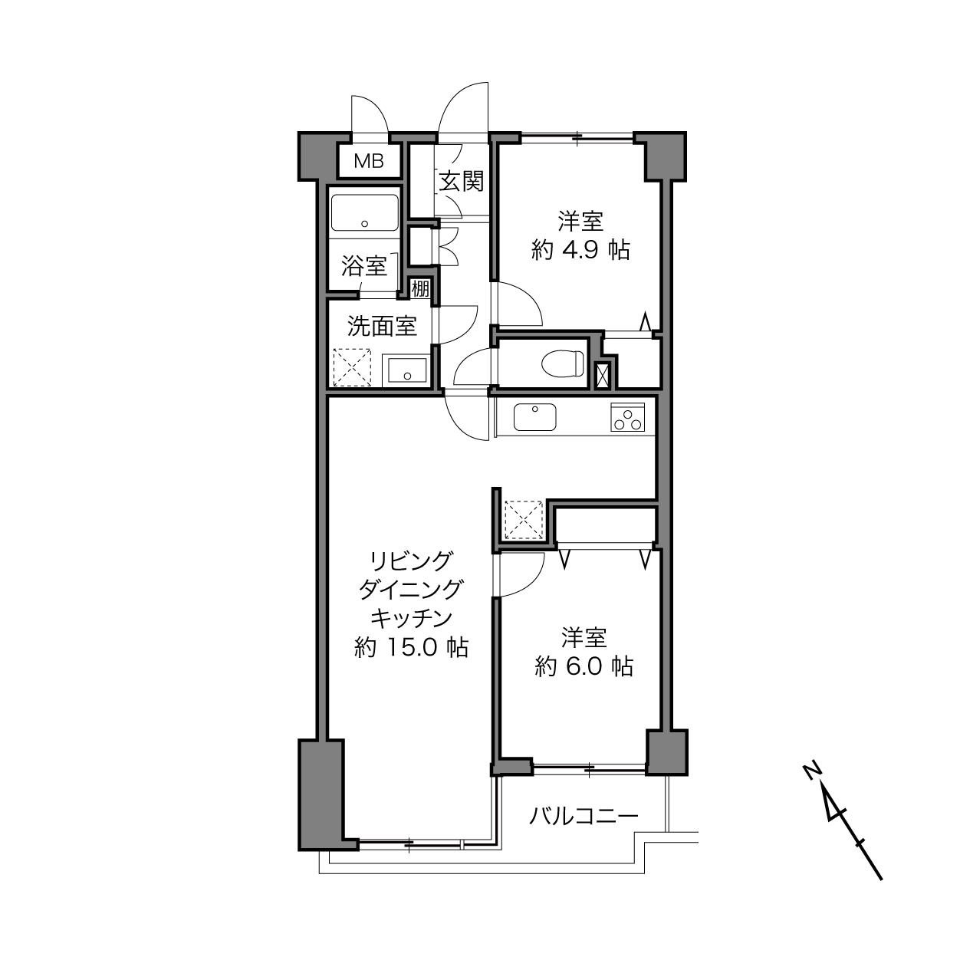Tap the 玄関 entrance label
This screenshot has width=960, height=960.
(x=462, y=181)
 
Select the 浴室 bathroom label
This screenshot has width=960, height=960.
(x=364, y=265)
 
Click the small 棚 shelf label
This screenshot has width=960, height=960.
(x=420, y=289)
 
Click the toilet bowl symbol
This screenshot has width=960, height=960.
(x=563, y=363)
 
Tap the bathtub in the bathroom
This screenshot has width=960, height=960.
(x=365, y=212)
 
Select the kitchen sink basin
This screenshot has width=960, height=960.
(x=535, y=417)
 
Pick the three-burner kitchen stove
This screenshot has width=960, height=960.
(x=627, y=417)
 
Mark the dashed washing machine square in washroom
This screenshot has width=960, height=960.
(x=352, y=367)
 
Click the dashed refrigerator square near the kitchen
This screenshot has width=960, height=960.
(x=523, y=520)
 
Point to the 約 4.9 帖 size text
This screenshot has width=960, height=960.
(x=581, y=250)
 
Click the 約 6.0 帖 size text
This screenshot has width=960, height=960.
(x=584, y=666)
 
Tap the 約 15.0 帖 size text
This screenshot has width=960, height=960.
(x=411, y=647)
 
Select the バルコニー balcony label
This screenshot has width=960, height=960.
(x=584, y=816)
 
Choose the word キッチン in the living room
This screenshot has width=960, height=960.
(x=411, y=618)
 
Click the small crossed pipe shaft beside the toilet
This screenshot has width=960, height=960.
(x=603, y=376)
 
